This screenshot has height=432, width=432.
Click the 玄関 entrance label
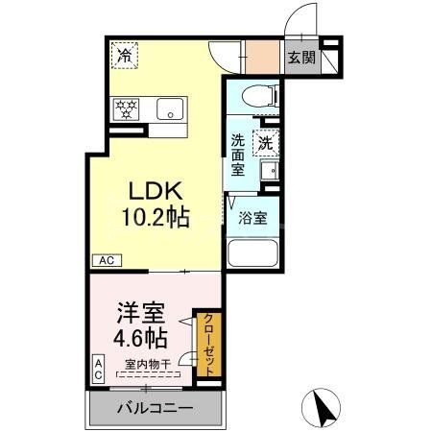click(x=300, y=57)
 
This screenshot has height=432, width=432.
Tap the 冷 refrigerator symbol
click(x=125, y=56)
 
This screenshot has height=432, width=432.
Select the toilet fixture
click(x=260, y=96)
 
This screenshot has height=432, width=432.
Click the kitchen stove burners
click(x=127, y=108)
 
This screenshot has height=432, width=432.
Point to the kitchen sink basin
click(x=169, y=108)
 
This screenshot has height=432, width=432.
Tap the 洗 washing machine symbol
click(x=266, y=140)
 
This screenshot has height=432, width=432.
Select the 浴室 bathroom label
click(x=253, y=218)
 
